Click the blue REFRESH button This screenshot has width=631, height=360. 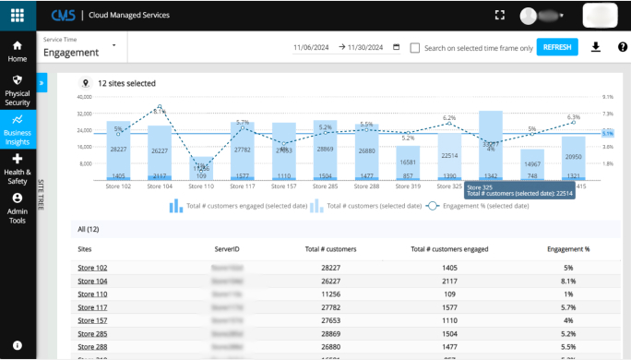point(557,47)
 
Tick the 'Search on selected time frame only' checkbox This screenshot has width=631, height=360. point(415,48)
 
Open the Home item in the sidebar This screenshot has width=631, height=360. point(18,51)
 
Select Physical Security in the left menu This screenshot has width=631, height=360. point(18,90)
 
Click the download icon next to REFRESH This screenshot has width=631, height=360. point(596,47)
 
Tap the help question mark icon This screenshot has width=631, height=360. point(623,47)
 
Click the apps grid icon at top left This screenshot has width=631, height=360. point(18,15)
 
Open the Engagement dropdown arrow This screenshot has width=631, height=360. point(113,44)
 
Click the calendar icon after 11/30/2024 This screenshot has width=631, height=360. point(396,47)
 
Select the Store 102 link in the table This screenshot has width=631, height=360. point(92,268)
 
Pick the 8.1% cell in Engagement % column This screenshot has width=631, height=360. point(568,281)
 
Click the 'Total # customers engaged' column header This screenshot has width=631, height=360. point(449,249)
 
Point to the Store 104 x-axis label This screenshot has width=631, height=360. point(160,186)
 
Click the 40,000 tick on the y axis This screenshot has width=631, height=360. point(84,96)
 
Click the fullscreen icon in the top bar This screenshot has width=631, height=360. point(500,15)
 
